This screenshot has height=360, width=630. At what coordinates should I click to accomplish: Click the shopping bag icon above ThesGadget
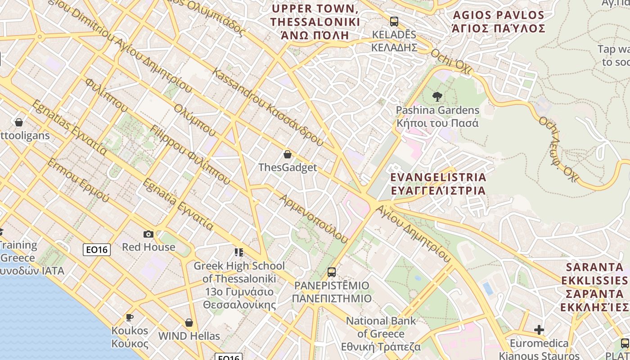tap(288, 154)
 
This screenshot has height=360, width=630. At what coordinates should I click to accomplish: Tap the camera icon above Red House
tap(148, 234)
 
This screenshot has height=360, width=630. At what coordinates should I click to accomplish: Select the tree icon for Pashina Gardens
tap(437, 96)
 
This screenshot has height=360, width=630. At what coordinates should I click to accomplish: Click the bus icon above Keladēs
tap(394, 21)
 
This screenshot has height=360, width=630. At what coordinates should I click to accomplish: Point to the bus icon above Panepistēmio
tap(332, 272)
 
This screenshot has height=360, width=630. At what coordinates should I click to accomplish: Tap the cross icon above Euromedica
tap(539, 330)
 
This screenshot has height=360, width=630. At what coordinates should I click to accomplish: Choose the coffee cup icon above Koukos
tap(130, 317)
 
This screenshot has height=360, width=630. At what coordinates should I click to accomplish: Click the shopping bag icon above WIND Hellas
tap(189, 323)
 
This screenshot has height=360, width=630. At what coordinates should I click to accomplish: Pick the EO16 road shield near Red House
tap(97, 250)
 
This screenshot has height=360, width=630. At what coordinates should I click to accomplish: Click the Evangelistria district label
tap(438, 184)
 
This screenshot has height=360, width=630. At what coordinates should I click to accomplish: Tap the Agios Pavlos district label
tap(499, 22)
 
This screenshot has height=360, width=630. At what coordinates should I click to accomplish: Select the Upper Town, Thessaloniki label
tap(315, 22)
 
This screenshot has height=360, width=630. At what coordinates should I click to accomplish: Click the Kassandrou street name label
tap(269, 107)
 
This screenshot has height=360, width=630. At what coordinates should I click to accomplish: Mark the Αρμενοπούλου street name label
tap(314, 219)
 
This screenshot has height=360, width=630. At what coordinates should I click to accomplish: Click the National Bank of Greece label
tap(381, 334)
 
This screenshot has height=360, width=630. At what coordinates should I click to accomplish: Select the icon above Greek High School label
tap(239, 252)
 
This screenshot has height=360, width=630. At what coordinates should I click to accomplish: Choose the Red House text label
tap(148, 247)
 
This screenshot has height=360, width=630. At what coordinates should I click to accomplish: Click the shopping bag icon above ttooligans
tap(19, 122)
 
